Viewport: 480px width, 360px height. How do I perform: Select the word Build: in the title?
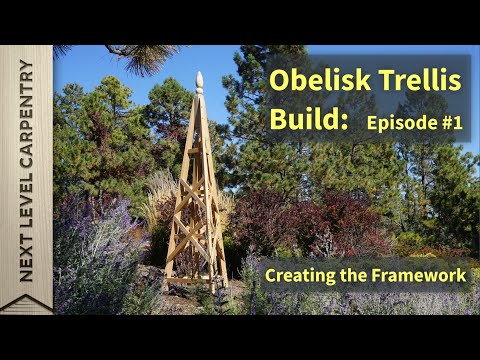[308, 121]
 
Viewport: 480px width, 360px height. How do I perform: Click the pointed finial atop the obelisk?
[199, 80]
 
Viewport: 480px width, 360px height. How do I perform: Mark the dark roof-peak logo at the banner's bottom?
[26, 303]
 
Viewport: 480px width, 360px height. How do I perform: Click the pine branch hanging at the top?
[140, 57]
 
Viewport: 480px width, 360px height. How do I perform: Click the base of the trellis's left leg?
[168, 285]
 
